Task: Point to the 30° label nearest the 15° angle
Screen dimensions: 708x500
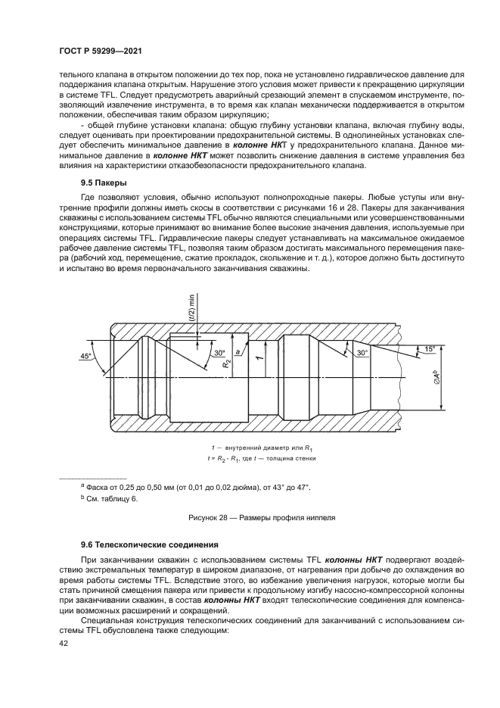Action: click(362, 353)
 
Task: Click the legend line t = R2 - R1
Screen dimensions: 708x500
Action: click(250, 458)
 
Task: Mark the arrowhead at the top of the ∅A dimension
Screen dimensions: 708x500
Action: click(443, 347)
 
